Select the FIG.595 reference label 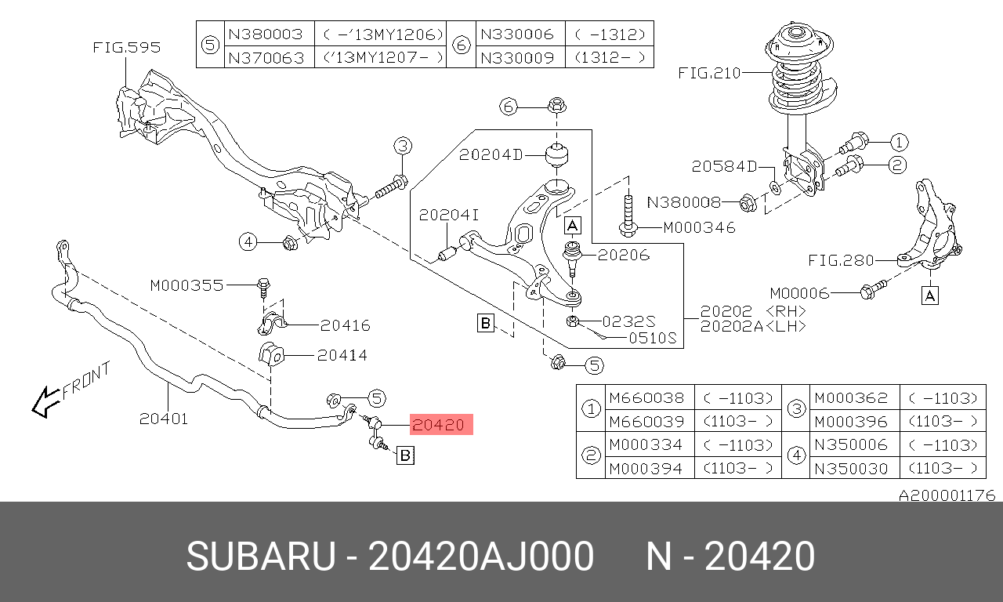click(127, 48)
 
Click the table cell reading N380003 click(266, 34)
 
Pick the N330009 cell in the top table click(517, 58)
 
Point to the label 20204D click(491, 155)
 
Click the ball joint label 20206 click(623, 256)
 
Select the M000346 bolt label click(699, 227)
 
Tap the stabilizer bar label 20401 click(164, 419)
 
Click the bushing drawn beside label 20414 click(271, 355)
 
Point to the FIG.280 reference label click(841, 260)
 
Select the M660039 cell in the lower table click(646, 422)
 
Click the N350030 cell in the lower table click(851, 469)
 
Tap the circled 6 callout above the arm click(509, 107)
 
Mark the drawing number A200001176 click(947, 495)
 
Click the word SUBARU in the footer click(261, 556)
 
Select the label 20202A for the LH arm click(732, 327)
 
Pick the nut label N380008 click(684, 202)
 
